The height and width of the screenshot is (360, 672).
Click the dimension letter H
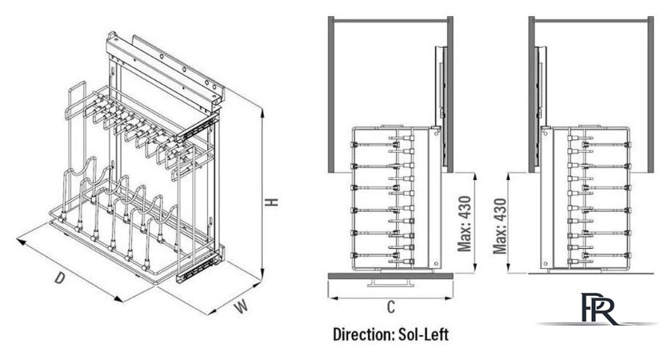coord(271,202)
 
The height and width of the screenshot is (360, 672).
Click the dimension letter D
coord(60,278)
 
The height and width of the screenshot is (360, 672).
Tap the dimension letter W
coord(242,307)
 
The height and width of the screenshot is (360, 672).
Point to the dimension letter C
coord(391,307)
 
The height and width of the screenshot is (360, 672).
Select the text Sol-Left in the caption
coord(423,334)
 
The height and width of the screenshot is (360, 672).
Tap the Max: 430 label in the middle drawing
coord(465,224)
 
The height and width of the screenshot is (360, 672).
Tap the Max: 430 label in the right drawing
coord(500,226)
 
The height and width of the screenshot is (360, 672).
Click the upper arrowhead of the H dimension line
coord(262,112)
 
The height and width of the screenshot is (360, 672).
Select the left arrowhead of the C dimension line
coord(333,298)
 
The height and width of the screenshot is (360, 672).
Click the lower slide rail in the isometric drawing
coord(200,266)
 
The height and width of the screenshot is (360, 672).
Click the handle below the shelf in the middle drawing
coord(390,282)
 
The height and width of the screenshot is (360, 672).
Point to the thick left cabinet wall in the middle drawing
coord(331,94)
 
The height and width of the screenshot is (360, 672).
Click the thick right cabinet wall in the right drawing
coord(650,94)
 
